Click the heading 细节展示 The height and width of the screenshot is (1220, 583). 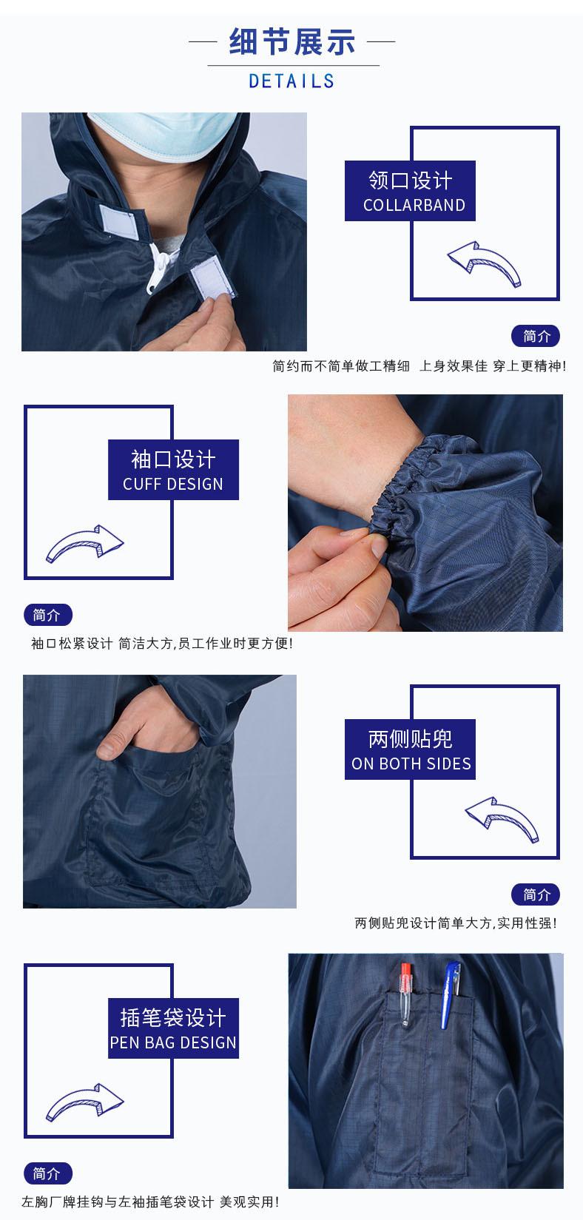click(x=291, y=41)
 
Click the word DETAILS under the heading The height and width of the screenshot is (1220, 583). click(x=291, y=81)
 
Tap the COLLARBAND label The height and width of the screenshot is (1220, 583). click(x=414, y=205)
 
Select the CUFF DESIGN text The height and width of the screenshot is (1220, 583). click(x=173, y=484)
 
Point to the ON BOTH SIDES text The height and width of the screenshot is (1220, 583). click(x=411, y=764)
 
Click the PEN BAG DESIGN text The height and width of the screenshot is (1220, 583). click(x=173, y=1042)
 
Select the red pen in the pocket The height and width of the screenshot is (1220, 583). click(x=406, y=992)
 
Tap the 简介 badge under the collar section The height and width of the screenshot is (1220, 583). click(x=536, y=336)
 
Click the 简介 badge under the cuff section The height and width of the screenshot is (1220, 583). click(x=48, y=614)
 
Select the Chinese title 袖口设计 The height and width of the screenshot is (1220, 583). click(x=173, y=459)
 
